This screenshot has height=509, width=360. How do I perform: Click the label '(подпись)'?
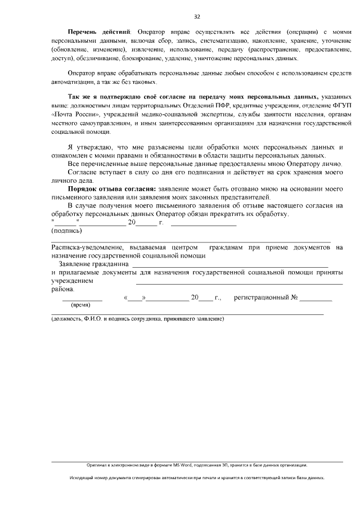66,231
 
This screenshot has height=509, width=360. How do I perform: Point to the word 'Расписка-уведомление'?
84,247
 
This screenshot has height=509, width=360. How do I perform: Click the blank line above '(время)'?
82,299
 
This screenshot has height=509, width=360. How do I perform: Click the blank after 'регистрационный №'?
316,299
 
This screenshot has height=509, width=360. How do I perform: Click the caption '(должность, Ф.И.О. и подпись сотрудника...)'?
137,319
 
